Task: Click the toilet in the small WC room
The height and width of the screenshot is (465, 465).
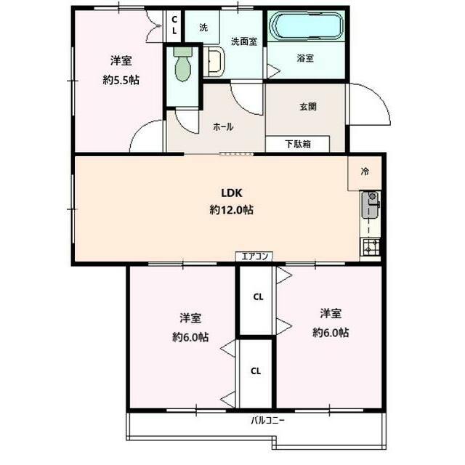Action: point(182,65)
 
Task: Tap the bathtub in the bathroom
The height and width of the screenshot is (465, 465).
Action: point(307,26)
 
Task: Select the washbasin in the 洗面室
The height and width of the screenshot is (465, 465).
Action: point(215,62)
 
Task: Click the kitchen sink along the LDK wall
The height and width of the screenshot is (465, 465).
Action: point(371,205)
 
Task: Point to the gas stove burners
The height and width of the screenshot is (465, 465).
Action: point(370,246)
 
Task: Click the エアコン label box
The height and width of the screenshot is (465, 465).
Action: point(254,256)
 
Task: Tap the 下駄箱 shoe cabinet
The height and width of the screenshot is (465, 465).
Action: point(298,144)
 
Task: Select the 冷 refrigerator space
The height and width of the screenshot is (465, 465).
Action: point(365,173)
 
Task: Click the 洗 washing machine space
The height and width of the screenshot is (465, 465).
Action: point(203,28)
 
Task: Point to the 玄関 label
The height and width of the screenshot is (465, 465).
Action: point(308,107)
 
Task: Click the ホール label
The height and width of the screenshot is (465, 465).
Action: point(223,127)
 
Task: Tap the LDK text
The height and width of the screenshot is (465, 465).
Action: point(232,193)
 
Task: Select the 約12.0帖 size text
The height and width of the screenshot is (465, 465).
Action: point(231,210)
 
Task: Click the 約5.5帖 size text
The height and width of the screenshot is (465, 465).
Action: point(121,80)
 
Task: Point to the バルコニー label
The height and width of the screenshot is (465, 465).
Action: point(268,420)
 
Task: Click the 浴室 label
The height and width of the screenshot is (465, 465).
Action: point(305,58)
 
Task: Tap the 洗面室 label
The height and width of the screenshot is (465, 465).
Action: point(244,41)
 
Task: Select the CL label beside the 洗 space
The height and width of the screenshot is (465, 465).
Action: point(174,25)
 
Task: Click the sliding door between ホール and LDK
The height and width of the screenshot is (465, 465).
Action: point(236,154)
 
